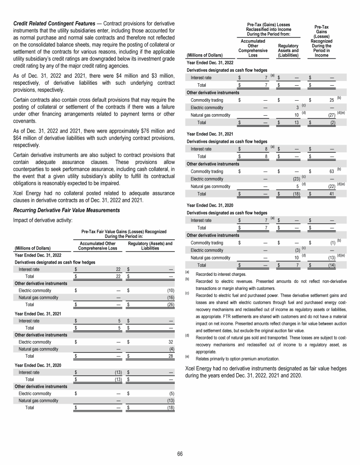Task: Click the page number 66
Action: click(x=180, y=453)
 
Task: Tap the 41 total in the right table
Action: click(x=332, y=193)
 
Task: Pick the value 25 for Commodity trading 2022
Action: click(x=331, y=100)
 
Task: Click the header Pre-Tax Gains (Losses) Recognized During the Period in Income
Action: click(x=321, y=41)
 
